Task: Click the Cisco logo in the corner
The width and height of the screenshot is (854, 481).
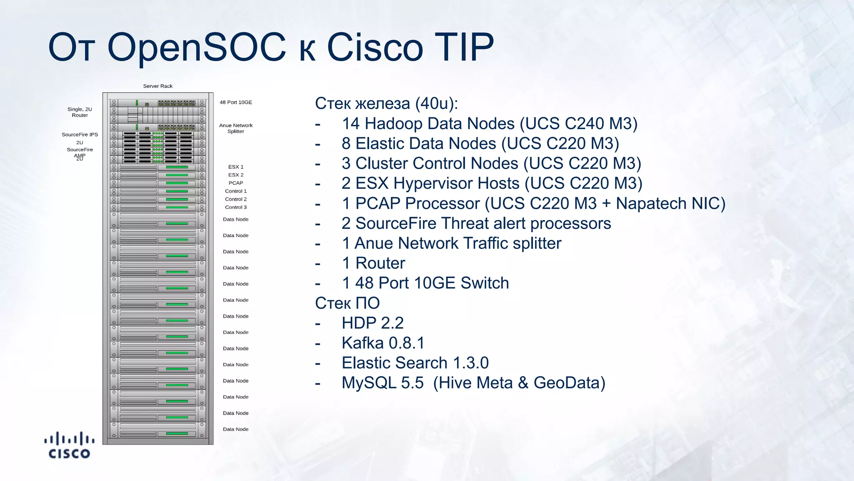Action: (69, 445)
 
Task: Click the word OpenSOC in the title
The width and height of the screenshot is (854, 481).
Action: (196, 47)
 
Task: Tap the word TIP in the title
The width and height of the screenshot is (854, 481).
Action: (464, 47)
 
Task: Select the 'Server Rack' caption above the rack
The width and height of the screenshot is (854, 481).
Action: (158, 86)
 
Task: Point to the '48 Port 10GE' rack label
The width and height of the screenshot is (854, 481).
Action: (236, 102)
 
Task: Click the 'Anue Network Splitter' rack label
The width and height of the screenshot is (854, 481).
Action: (236, 128)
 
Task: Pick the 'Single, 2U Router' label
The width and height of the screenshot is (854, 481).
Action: (80, 112)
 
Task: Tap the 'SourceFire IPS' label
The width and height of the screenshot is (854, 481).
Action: (80, 134)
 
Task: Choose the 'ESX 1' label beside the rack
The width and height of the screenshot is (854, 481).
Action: (236, 167)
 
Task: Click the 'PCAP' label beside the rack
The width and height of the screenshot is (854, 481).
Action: (236, 183)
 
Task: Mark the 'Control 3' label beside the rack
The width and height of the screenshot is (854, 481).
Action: (236, 207)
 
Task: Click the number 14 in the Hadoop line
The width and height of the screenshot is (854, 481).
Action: (351, 124)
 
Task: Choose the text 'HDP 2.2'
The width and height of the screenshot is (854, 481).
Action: (372, 323)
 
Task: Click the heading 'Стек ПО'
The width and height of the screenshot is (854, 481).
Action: (347, 303)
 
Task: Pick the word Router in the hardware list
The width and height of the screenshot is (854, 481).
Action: (380, 263)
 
